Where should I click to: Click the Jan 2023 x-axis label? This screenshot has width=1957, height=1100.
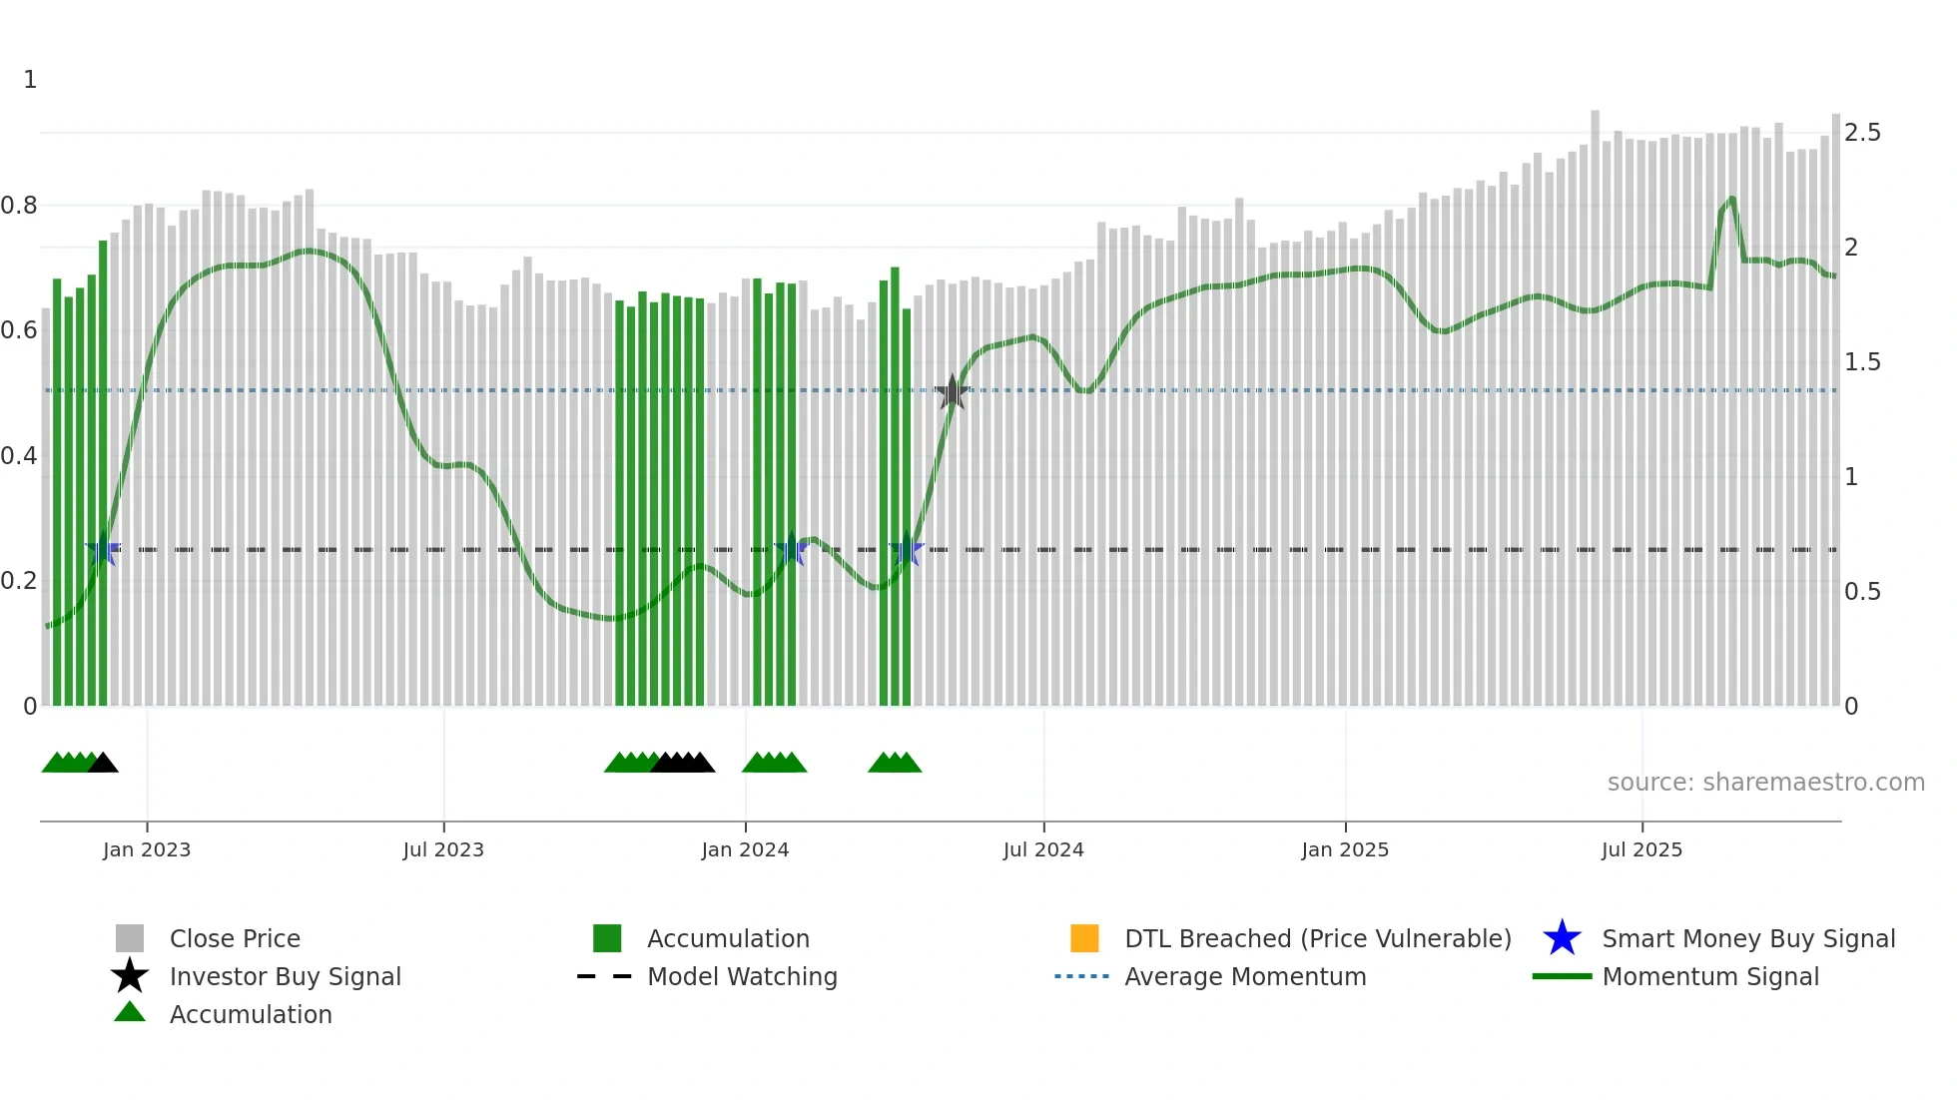click(146, 849)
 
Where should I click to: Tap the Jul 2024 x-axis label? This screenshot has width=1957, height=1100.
click(1043, 849)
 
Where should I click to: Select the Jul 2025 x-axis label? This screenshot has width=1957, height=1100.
click(1641, 849)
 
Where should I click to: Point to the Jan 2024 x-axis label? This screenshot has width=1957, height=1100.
click(745, 849)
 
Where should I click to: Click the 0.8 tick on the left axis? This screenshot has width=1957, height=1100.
click(19, 206)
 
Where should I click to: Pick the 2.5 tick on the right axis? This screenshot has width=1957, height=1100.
click(1862, 133)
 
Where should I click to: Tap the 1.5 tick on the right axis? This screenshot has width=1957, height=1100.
click(1862, 362)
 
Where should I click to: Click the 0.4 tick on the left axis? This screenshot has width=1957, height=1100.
click(19, 456)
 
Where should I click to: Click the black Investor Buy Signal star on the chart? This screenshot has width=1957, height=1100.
click(953, 392)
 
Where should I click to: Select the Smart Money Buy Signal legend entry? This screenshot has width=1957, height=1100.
click(1747, 938)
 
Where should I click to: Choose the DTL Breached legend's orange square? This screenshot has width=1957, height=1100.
click(1084, 938)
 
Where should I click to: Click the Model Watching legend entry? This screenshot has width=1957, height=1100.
click(741, 976)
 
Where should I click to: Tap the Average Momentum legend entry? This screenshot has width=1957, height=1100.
click(1244, 976)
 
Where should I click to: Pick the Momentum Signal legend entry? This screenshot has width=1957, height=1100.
click(1709, 976)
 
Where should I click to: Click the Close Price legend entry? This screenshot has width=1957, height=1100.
click(234, 938)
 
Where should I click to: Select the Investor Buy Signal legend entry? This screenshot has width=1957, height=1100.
click(285, 976)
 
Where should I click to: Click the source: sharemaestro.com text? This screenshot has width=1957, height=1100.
click(1765, 783)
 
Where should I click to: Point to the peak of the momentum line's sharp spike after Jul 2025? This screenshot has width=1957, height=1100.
click(1732, 198)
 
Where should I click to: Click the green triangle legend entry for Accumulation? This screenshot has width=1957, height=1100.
click(250, 1014)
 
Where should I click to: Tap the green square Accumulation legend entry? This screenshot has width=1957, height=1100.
click(727, 938)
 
